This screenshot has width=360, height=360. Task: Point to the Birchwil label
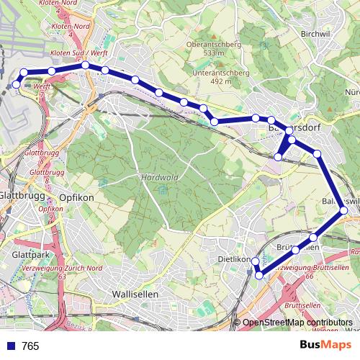[x=315, y=34]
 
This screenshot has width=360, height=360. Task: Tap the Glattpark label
[x=30, y=255]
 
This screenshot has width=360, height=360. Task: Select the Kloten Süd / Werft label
[x=78, y=53]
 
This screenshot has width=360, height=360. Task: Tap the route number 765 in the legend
[x=30, y=346]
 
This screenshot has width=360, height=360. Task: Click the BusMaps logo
[x=325, y=345]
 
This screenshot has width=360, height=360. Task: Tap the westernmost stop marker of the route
[x=17, y=84]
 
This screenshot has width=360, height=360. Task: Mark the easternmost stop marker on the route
[x=343, y=210]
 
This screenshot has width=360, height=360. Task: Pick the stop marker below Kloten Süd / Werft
[x=85, y=66]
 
